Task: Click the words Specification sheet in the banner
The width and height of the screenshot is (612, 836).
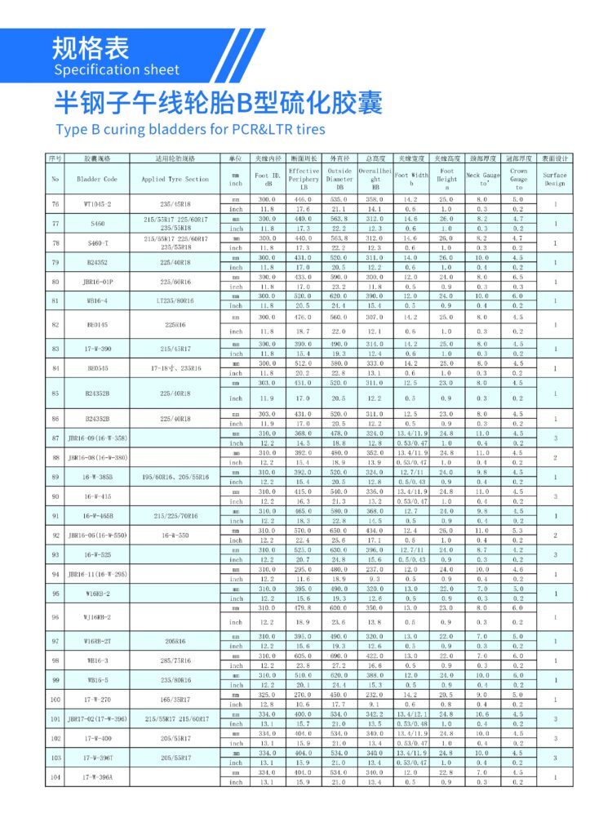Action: tap(117, 69)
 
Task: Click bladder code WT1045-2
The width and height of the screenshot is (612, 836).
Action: tap(97, 203)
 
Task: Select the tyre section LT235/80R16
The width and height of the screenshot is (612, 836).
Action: tap(175, 300)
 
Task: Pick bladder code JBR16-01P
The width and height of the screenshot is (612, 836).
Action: tap(97, 282)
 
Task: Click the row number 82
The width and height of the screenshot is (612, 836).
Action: tap(55, 324)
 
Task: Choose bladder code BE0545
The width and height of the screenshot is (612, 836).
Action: tap(97, 368)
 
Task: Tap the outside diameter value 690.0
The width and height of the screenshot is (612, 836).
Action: tap(339, 656)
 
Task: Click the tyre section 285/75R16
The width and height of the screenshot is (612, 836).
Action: tap(175, 660)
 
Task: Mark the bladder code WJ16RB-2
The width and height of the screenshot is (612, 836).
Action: tap(97, 617)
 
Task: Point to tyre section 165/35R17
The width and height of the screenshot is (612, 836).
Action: tap(175, 700)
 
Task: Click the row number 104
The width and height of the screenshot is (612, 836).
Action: tap(55, 777)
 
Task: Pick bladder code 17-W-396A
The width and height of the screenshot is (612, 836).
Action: tap(97, 777)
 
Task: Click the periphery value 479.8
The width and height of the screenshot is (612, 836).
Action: tap(304, 607)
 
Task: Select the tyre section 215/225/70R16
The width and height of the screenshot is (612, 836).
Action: tap(175, 516)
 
